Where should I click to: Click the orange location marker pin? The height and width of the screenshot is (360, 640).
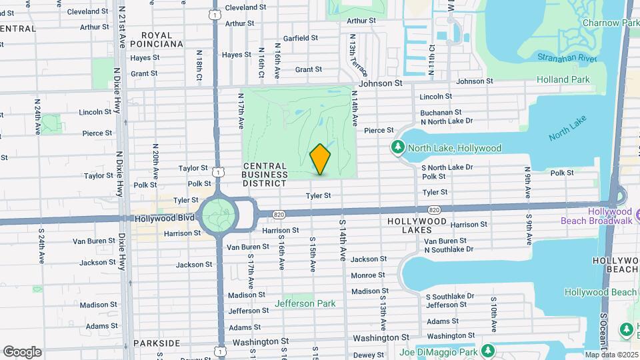point(321,159)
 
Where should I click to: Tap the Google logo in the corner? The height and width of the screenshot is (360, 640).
point(22,351)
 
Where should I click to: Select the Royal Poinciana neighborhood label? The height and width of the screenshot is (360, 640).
point(157,39)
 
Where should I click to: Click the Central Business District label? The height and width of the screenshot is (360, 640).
point(265,175)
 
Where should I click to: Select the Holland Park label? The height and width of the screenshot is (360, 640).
point(563,79)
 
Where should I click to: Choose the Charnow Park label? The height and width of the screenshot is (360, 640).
point(610,23)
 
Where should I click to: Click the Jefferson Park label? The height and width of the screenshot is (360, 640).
point(305,303)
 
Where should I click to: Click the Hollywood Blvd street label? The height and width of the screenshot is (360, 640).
point(164,218)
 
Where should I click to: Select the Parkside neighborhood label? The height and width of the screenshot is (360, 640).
point(156,343)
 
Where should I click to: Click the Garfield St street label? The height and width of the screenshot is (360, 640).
point(300,39)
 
